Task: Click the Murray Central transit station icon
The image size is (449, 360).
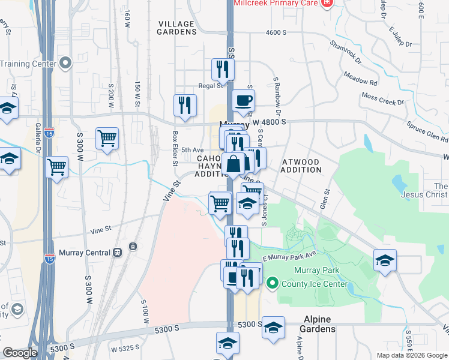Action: coord(132,247)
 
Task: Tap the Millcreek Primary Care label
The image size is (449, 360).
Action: coord(276,4)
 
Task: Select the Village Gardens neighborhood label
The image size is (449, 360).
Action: coord(176,28)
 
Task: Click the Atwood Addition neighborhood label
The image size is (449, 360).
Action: coord(294,166)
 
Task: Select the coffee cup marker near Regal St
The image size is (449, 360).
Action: coord(243,101)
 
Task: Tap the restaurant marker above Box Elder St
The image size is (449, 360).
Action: coord(185,105)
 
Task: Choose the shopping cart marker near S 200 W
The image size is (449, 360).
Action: coord(107,138)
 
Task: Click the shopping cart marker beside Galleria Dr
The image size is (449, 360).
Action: coord(57,167)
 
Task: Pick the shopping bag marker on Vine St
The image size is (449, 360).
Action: coord(233,163)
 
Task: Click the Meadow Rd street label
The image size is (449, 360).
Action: coord(360,78)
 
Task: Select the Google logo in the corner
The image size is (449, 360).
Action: coord(20,353)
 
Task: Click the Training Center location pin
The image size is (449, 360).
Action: coord(65,63)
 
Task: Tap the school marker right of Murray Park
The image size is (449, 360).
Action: coord(385,260)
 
